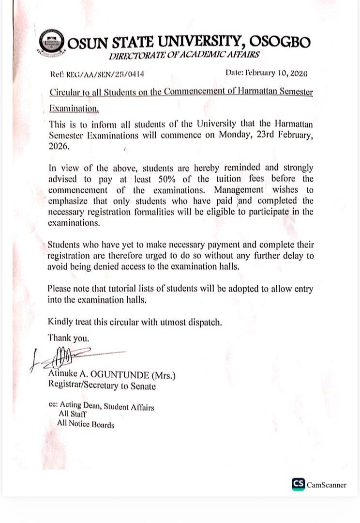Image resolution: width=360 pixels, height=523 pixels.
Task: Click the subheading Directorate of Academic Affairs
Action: pyautogui.click(x=184, y=55)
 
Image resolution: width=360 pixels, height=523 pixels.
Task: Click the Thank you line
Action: pyautogui.click(x=68, y=338)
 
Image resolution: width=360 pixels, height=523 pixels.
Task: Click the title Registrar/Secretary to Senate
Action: pyautogui.click(x=102, y=386)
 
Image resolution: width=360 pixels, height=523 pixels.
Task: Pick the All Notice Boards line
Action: pyautogui.click(x=86, y=425)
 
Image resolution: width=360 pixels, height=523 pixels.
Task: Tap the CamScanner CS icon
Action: pyautogui.click(x=298, y=484)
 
